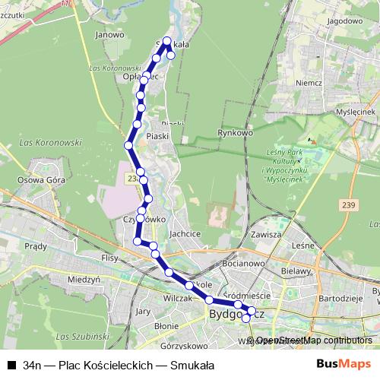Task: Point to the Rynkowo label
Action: [235, 133]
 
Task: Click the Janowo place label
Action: [110, 34]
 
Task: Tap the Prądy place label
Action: [36, 245]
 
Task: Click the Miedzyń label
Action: [84, 279]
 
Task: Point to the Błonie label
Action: [166, 325]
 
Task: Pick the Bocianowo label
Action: [244, 262]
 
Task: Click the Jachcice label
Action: [185, 234]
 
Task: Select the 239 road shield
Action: [349, 205]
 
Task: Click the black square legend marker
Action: [11, 365]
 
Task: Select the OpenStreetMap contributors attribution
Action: [314, 340]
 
